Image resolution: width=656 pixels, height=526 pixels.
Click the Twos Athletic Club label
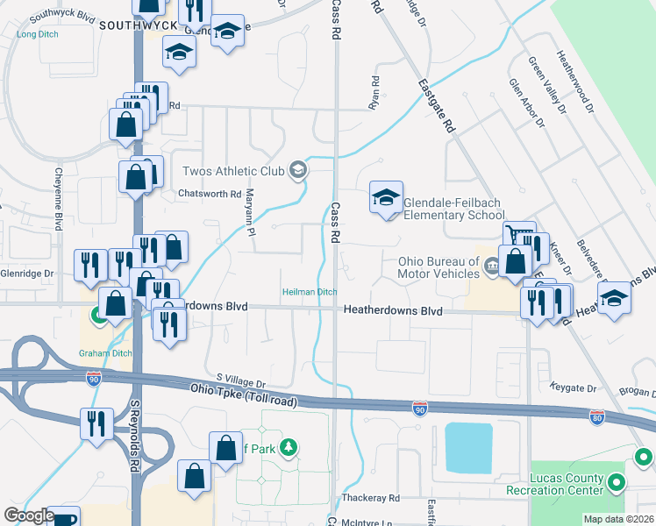(x=234, y=171)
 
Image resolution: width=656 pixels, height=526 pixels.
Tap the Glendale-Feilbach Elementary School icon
(x=385, y=198)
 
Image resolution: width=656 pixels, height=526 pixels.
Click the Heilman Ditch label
(x=309, y=292)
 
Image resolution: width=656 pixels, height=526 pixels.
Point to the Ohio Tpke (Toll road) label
(x=244, y=394)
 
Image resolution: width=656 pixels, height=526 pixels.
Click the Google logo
(x=28, y=516)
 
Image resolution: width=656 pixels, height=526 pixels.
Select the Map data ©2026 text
(x=618, y=519)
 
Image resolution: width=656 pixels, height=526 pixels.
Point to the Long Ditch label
(x=37, y=34)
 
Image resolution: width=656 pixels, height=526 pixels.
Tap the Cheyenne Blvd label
(x=60, y=199)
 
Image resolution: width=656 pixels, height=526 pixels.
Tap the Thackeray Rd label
(x=371, y=498)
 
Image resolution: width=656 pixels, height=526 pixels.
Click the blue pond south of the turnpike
(x=467, y=447)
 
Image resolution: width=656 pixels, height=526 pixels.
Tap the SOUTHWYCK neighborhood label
(x=132, y=25)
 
